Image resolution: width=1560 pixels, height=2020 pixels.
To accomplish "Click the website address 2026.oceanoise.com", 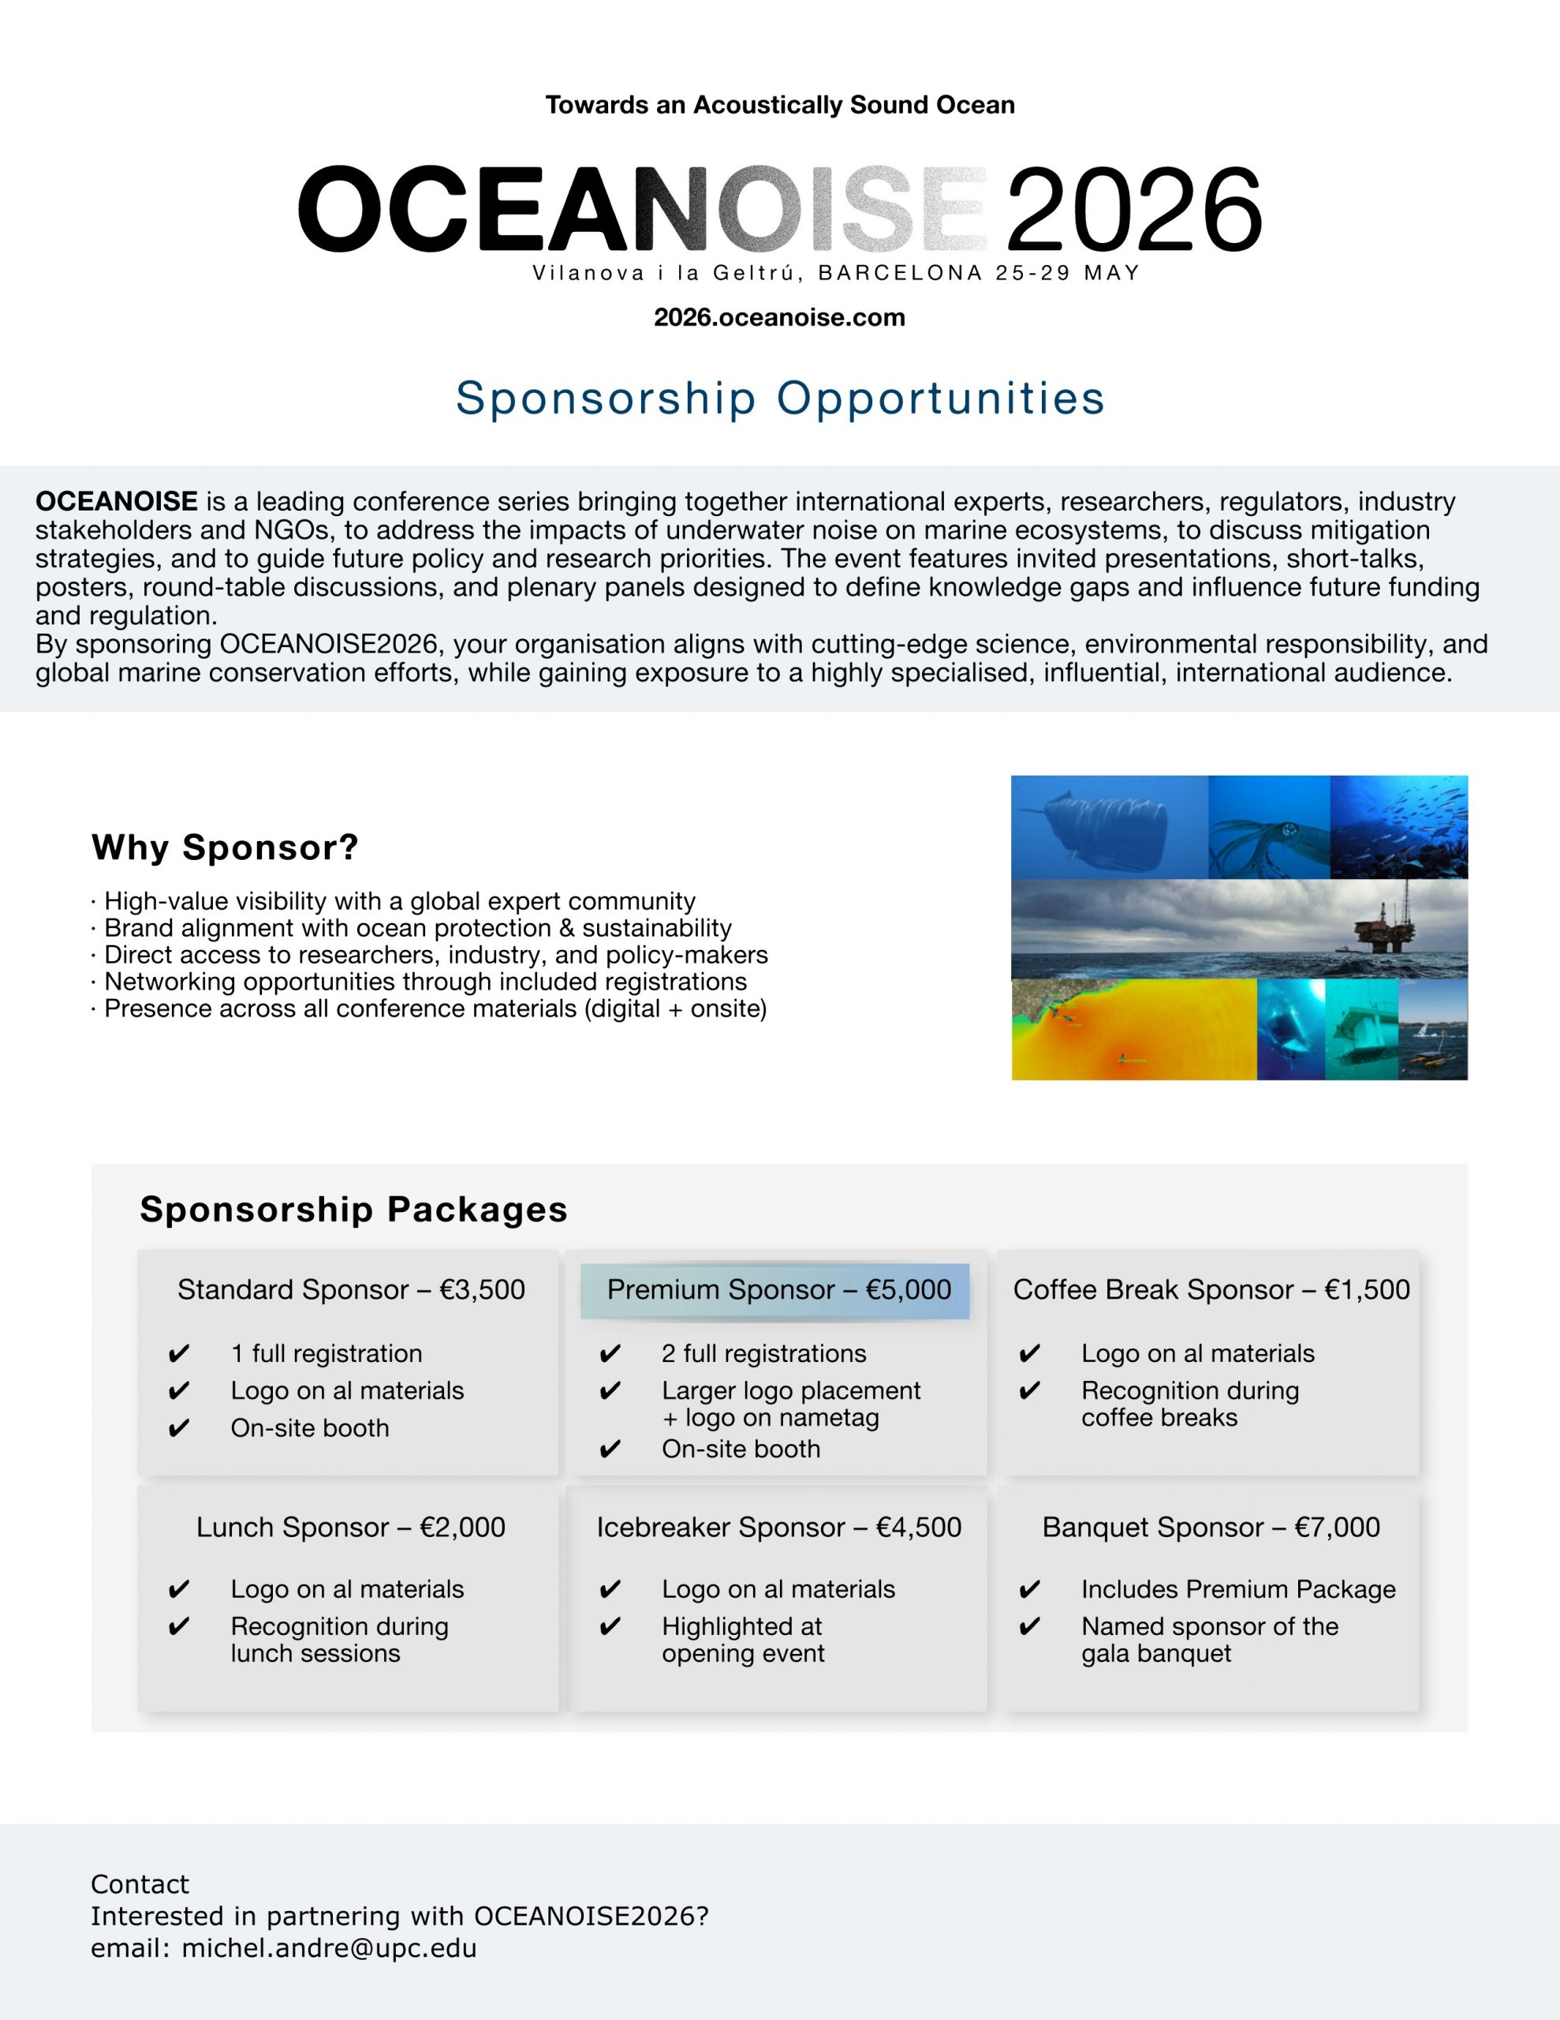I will pyautogui.click(x=778, y=317).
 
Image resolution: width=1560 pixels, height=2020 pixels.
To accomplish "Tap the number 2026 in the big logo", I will pyautogui.click(x=1133, y=209).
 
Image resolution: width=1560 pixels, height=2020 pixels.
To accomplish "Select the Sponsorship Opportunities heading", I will pyautogui.click(x=779, y=398).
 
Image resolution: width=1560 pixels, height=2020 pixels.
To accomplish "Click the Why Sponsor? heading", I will pyautogui.click(x=225, y=847).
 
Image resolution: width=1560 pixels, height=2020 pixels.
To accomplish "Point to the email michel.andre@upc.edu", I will pyautogui.click(x=328, y=1948).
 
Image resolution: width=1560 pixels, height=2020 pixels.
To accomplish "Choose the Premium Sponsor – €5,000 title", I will pyautogui.click(x=778, y=1289).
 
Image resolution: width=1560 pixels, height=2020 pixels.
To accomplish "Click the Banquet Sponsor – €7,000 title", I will pyautogui.click(x=1211, y=1527).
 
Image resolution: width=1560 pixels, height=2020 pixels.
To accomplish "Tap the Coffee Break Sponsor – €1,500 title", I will pyautogui.click(x=1211, y=1289).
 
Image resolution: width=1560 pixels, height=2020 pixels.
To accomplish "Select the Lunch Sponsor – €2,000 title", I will pyautogui.click(x=350, y=1527).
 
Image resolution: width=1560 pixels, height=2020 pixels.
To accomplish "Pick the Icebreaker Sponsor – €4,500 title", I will pyautogui.click(x=778, y=1527).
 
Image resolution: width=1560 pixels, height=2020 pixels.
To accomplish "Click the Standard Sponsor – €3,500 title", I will pyautogui.click(x=350, y=1289).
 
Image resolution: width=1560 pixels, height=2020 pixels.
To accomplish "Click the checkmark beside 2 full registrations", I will pyautogui.click(x=610, y=1354).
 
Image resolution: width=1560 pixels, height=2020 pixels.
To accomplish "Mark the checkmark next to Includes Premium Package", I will pyautogui.click(x=1029, y=1590).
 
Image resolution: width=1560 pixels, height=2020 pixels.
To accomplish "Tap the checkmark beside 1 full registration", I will pyautogui.click(x=178, y=1354).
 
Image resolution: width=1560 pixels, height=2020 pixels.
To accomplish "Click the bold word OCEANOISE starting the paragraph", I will pyautogui.click(x=117, y=501).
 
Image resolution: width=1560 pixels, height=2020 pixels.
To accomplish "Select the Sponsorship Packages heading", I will pyautogui.click(x=353, y=1209).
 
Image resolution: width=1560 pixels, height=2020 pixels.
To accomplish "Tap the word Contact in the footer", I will pyautogui.click(x=140, y=1884).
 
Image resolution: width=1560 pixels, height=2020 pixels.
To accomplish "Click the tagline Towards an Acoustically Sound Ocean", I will pyautogui.click(x=779, y=104).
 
